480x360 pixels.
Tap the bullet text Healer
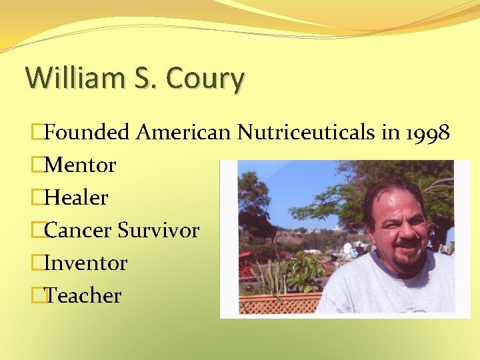point(76,197)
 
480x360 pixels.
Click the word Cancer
point(78,230)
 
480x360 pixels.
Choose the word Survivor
point(159,230)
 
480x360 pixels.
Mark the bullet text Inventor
point(85,263)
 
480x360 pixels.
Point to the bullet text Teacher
point(83,295)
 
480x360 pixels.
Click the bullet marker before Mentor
point(37,165)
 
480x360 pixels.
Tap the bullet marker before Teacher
point(37,295)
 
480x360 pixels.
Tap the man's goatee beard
point(407,260)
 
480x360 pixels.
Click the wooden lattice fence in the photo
point(273,303)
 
